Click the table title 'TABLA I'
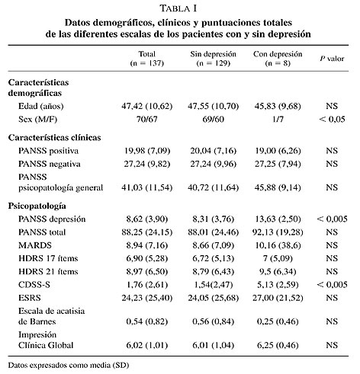(x=178, y=8)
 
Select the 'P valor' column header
(x=332, y=59)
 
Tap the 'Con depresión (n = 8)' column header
(x=278, y=59)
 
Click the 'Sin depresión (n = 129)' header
(x=213, y=59)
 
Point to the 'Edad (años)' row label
(x=41, y=106)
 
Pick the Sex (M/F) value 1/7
(x=278, y=119)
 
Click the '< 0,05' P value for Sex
(x=332, y=119)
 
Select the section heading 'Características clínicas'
(x=54, y=138)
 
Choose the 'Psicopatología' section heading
(x=37, y=206)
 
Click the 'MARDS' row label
(x=35, y=245)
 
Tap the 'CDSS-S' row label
(x=34, y=285)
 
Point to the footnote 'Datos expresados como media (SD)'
(x=69, y=366)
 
